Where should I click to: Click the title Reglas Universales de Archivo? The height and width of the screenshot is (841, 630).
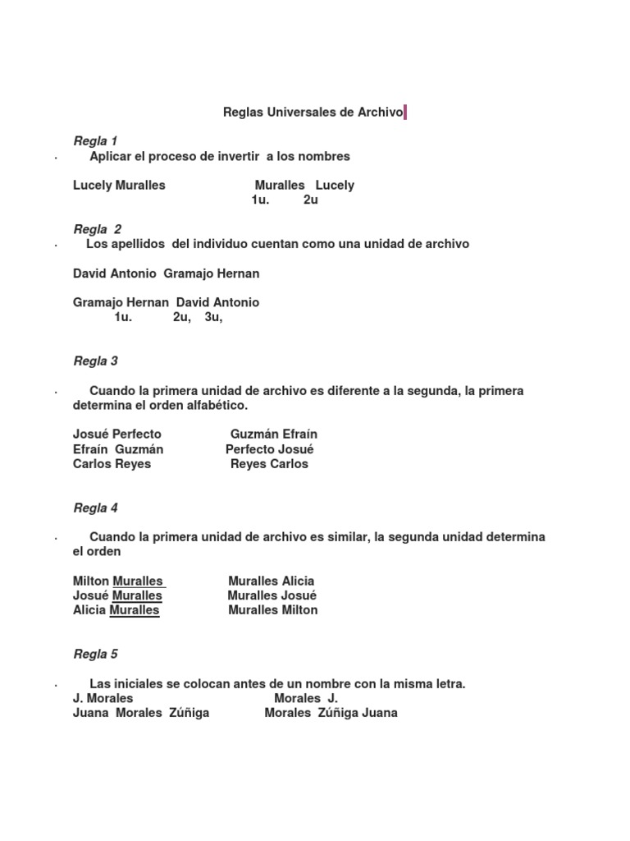pyautogui.click(x=313, y=113)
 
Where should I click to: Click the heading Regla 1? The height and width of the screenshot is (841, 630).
pyautogui.click(x=95, y=141)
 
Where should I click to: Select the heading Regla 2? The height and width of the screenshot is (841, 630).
pyautogui.click(x=97, y=229)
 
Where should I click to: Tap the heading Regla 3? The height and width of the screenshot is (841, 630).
pyautogui.click(x=95, y=361)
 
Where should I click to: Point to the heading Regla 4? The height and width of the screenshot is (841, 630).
pyautogui.click(x=95, y=508)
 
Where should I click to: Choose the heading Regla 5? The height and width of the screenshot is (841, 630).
pyautogui.click(x=95, y=654)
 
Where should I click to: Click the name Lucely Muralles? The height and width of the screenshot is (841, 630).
pyautogui.click(x=119, y=185)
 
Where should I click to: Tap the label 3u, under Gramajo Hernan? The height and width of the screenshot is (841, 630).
pyautogui.click(x=213, y=317)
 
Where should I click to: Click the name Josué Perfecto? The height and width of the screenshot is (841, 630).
pyautogui.click(x=116, y=434)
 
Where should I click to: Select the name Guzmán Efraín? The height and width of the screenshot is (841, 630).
pyautogui.click(x=274, y=434)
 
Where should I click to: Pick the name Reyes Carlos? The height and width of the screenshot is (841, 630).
pyautogui.click(x=269, y=463)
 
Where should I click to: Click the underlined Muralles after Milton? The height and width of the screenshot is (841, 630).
pyautogui.click(x=139, y=581)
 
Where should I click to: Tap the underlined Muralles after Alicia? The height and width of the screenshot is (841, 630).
pyautogui.click(x=134, y=610)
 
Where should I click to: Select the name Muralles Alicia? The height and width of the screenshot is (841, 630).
pyautogui.click(x=271, y=581)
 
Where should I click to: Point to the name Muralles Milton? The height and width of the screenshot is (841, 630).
pyautogui.click(x=272, y=610)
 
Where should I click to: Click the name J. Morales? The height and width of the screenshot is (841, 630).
pyautogui.click(x=103, y=698)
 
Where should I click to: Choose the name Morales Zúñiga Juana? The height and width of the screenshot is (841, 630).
pyautogui.click(x=331, y=713)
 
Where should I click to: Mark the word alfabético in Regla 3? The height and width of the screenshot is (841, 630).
pyautogui.click(x=217, y=406)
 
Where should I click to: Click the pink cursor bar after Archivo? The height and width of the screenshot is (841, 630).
pyautogui.click(x=405, y=113)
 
